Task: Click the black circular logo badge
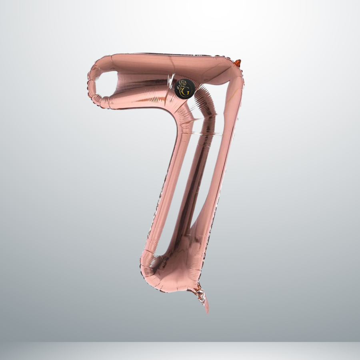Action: tap(185, 88)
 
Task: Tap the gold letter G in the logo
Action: tap(186, 92)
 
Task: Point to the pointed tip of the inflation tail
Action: tap(208, 313)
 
